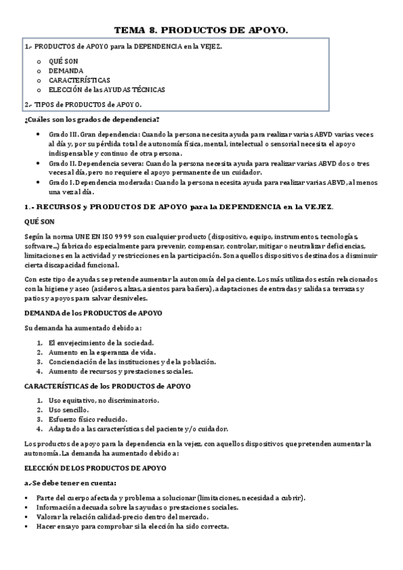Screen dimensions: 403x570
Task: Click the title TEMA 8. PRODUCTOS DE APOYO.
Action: click(201, 30)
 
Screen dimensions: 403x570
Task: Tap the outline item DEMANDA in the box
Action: click(66, 70)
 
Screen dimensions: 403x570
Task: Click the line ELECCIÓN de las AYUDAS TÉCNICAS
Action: click(106, 89)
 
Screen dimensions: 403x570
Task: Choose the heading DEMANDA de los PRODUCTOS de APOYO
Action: click(92, 313)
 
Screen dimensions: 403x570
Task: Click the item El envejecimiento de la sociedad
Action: click(98, 343)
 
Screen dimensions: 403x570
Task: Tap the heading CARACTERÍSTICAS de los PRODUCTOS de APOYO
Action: click(107, 386)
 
